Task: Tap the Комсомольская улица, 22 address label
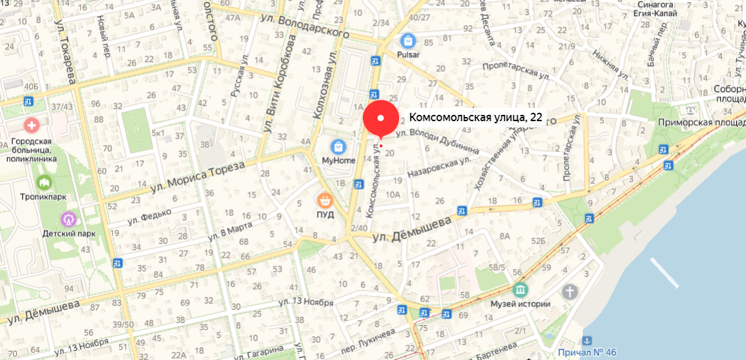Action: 475,118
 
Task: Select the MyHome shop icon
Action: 339,147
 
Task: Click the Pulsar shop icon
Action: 407,40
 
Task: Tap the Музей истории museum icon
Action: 520,290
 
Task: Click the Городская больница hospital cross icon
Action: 31,126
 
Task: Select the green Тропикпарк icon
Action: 45,182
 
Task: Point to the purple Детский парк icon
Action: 68,219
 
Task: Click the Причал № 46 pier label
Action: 587,352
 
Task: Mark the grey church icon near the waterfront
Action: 570,291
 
